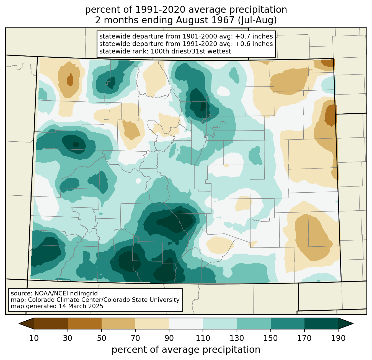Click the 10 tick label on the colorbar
pyautogui.click(x=34, y=338)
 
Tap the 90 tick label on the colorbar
pyautogui.click(x=169, y=338)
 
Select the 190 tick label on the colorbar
pyautogui.click(x=338, y=338)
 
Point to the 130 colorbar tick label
pyautogui.click(x=237, y=338)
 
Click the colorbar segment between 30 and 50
pyautogui.click(x=84, y=324)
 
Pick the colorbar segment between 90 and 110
pyautogui.click(x=186, y=324)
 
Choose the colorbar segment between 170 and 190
pyautogui.click(x=321, y=324)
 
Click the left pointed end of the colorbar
pyautogui.click(x=19, y=324)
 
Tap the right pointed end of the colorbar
pyautogui.click(x=353, y=324)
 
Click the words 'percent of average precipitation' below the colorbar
pyautogui.click(x=186, y=350)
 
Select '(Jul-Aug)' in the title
pyautogui.click(x=257, y=20)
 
